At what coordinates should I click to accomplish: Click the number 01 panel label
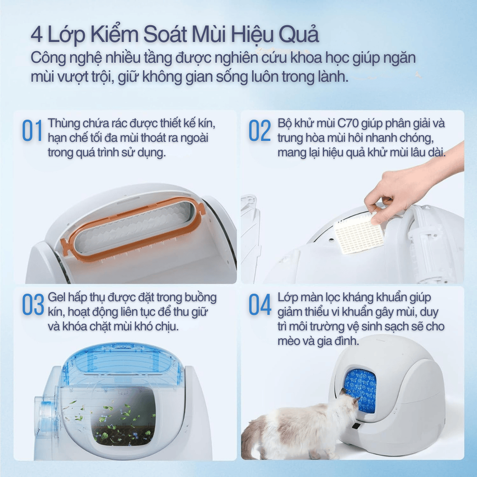click(32, 131)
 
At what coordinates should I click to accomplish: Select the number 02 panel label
click(260, 131)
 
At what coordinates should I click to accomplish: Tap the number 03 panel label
click(33, 305)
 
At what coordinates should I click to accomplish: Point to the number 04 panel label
click(260, 305)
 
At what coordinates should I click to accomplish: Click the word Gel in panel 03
click(56, 297)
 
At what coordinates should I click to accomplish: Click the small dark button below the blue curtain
click(355, 427)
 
